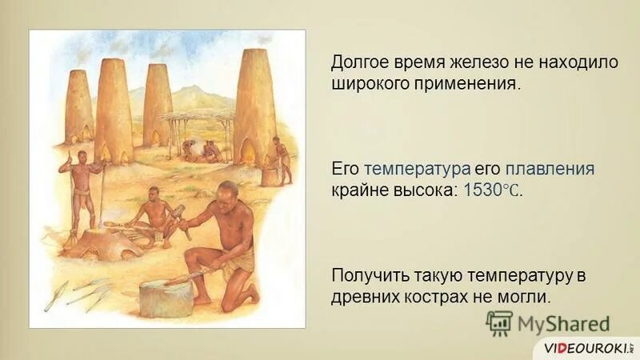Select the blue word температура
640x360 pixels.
coord(405,170)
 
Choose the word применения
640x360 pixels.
coord(473,84)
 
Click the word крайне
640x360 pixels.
coord(356,192)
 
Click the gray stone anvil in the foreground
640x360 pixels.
coord(166,297)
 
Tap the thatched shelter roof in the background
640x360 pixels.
coord(196,118)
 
